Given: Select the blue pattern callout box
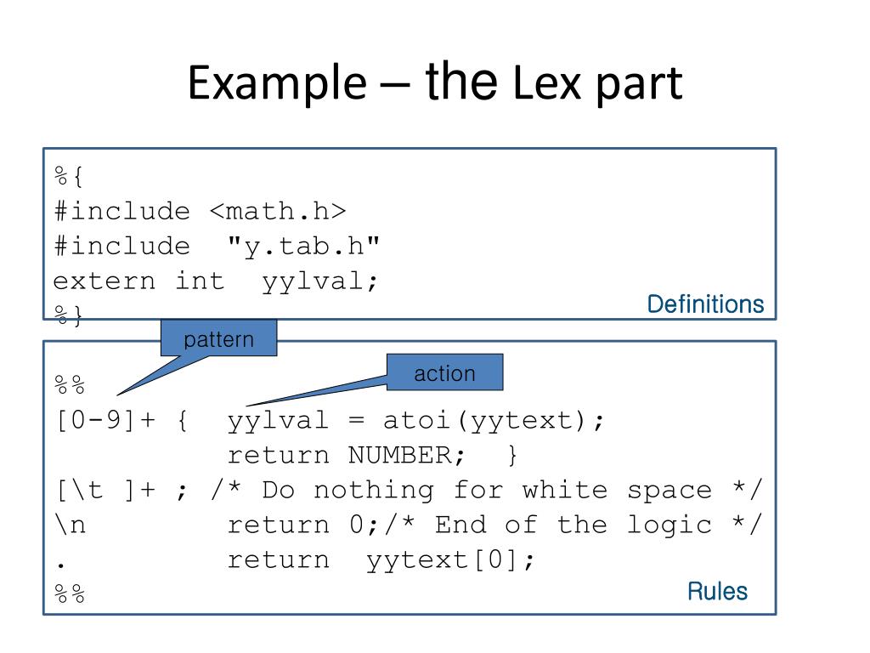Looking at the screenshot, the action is point(218,339).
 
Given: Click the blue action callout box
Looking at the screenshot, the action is point(444,372).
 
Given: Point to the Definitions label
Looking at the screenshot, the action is point(705,304).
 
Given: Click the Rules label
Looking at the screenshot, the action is point(717,591).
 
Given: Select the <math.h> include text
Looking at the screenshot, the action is point(278,211).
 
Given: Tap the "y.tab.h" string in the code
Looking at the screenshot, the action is point(304,246).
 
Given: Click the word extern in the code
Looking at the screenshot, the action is point(105,281).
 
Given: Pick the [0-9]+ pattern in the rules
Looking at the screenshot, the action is point(106,420).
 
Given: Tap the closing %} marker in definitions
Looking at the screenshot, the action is point(71,316).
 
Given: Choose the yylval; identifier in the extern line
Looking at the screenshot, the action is point(319,281).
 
